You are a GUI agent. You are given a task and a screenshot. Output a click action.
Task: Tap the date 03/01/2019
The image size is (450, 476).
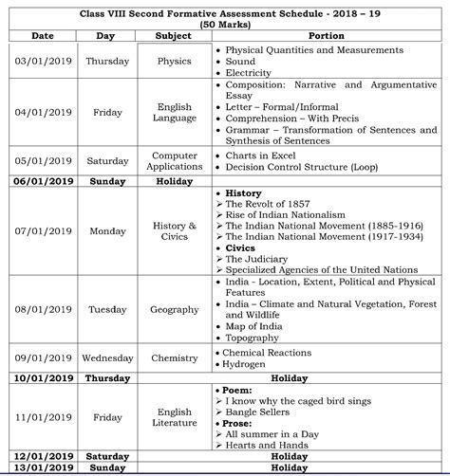tap(42, 61)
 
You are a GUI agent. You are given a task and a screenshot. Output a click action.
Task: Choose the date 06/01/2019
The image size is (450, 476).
tap(42, 180)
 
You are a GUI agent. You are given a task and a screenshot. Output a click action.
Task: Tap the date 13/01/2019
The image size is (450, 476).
tap(42, 467)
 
